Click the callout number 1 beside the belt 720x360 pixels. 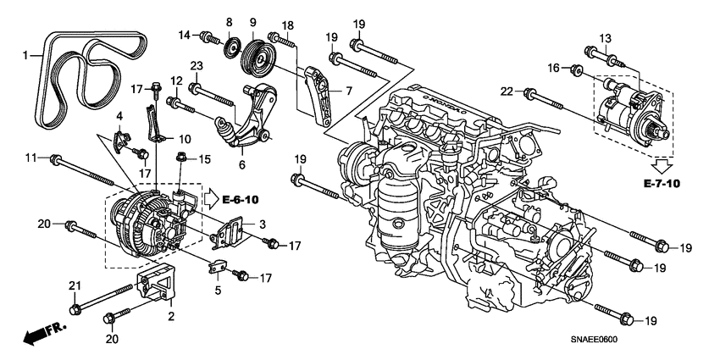pyautogui.click(x=25, y=56)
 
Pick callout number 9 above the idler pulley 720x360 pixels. pyautogui.click(x=252, y=21)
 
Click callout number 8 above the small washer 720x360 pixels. pyautogui.click(x=229, y=21)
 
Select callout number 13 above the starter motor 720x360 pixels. pyautogui.click(x=605, y=39)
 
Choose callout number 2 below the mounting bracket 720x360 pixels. pyautogui.click(x=171, y=317)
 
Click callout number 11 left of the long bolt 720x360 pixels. pyautogui.click(x=31, y=158)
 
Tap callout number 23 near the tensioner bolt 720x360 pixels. pyautogui.click(x=195, y=66)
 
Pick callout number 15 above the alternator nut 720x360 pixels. pyautogui.click(x=203, y=158)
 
